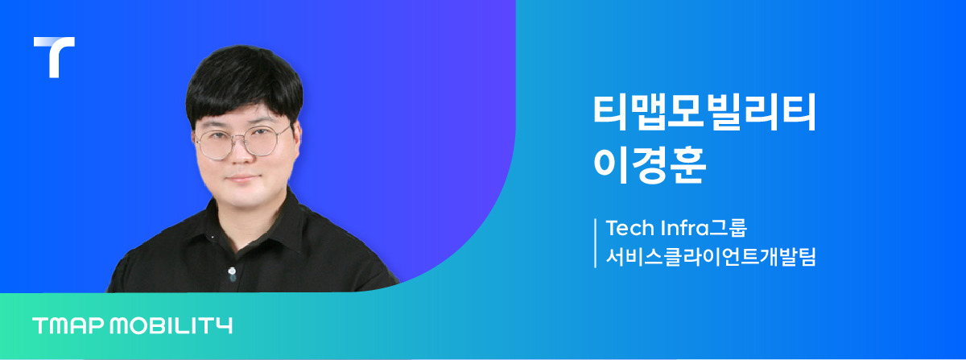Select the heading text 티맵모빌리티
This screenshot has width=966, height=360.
704,113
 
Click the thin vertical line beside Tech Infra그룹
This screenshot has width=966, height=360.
595,242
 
